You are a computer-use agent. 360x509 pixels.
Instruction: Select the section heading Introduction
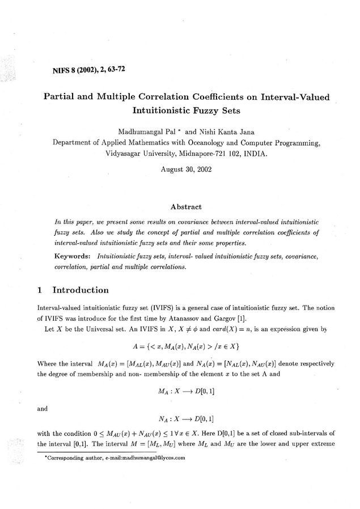click(x=81, y=290)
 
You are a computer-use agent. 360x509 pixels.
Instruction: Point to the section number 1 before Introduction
click(x=39, y=290)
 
